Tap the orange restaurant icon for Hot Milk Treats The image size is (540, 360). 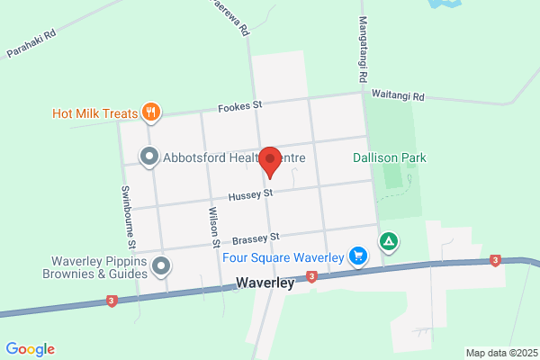pyautogui.click(x=150, y=113)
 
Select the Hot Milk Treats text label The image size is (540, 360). pyautogui.click(x=94, y=113)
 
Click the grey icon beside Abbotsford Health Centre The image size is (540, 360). pyautogui.click(x=149, y=157)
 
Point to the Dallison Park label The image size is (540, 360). pyautogui.click(x=389, y=157)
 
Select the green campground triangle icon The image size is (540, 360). pyautogui.click(x=388, y=241)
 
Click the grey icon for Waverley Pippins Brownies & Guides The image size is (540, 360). pyautogui.click(x=161, y=265)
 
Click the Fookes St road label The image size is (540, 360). pyautogui.click(x=240, y=106)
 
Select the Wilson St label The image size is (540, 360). pyautogui.click(x=214, y=227)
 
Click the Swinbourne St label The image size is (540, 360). pyautogui.click(x=130, y=218)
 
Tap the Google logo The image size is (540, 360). pyautogui.click(x=30, y=349)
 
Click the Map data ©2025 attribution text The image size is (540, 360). pyautogui.click(x=501, y=353)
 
